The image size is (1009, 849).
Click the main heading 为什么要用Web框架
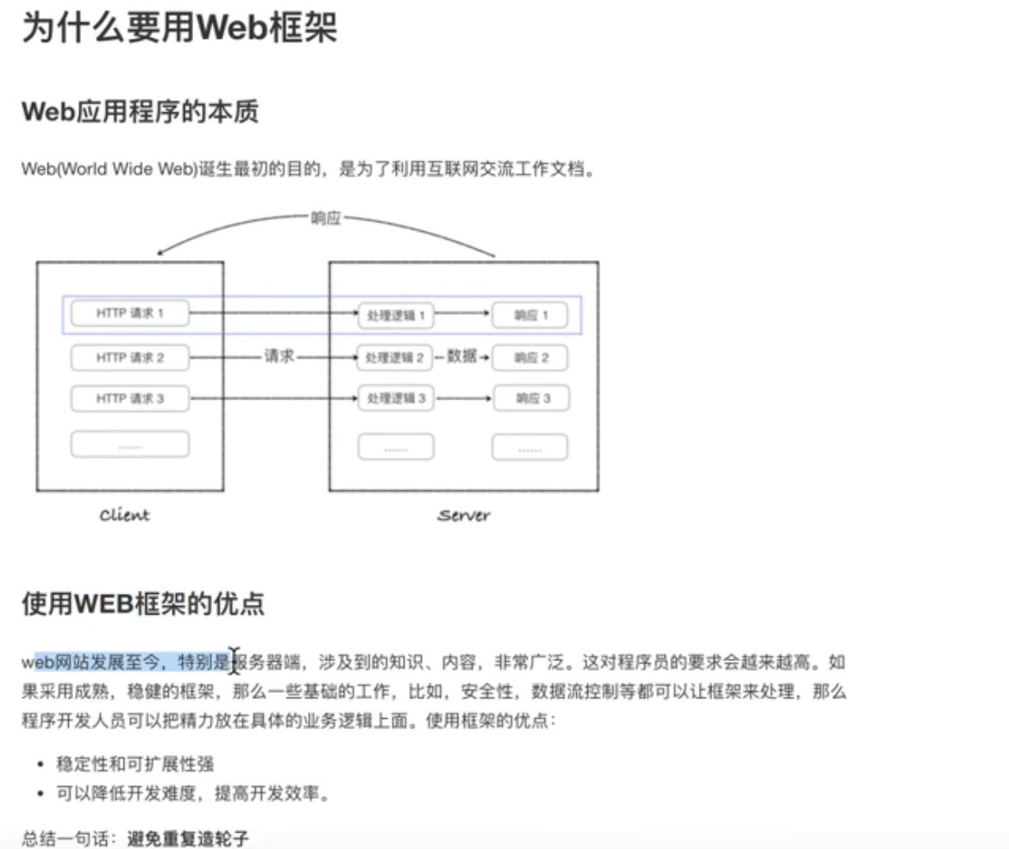click(x=179, y=29)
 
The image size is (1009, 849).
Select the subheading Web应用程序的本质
click(x=140, y=112)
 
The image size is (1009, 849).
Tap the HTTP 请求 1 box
click(x=129, y=314)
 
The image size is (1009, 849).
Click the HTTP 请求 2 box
click(x=129, y=357)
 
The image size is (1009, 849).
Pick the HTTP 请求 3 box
click(x=129, y=398)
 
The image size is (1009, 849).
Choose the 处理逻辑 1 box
click(x=396, y=315)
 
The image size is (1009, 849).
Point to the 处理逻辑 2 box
click(x=394, y=357)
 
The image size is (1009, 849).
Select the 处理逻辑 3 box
click(x=396, y=398)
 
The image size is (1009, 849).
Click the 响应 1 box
click(x=530, y=315)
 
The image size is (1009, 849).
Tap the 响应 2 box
click(x=531, y=357)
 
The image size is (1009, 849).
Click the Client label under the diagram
click(x=125, y=515)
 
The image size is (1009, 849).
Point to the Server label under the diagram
click(x=463, y=515)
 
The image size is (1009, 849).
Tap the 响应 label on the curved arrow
click(x=326, y=218)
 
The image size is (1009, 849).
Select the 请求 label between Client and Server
click(x=279, y=356)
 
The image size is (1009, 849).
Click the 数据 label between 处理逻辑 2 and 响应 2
click(x=461, y=356)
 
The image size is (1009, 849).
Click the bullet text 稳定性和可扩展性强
click(x=135, y=764)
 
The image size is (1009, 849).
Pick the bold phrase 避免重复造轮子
click(x=188, y=837)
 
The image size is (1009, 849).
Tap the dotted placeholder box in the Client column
click(x=129, y=445)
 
